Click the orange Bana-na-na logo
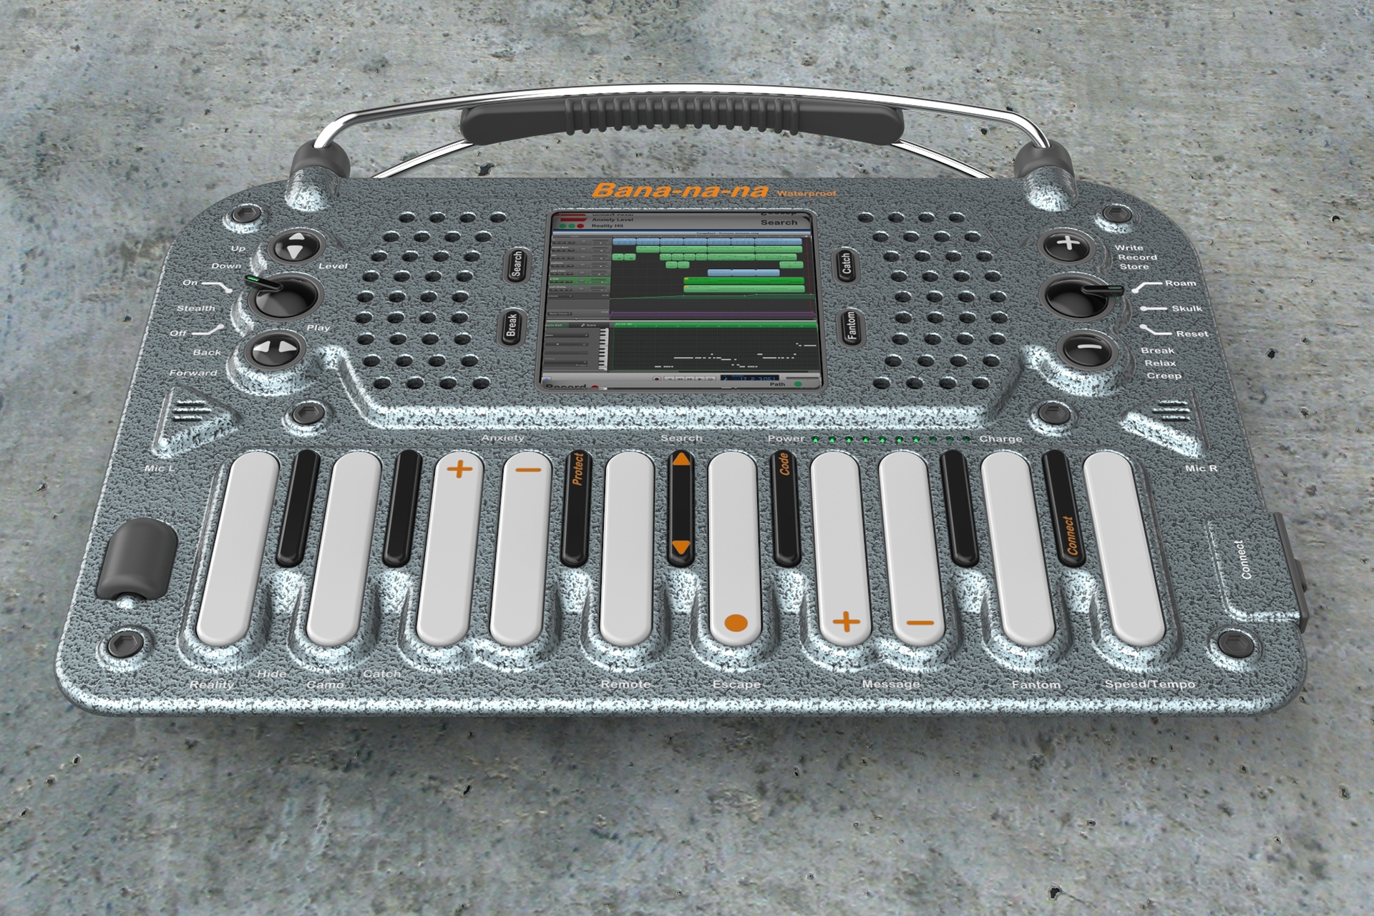click(x=680, y=190)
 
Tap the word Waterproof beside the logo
click(x=806, y=194)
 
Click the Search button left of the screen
click(x=517, y=264)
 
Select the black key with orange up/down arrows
click(x=681, y=505)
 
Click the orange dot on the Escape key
click(x=736, y=623)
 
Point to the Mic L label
click(x=159, y=469)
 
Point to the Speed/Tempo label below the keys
click(x=1150, y=684)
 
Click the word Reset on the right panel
click(x=1192, y=334)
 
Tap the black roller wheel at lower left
click(x=140, y=559)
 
